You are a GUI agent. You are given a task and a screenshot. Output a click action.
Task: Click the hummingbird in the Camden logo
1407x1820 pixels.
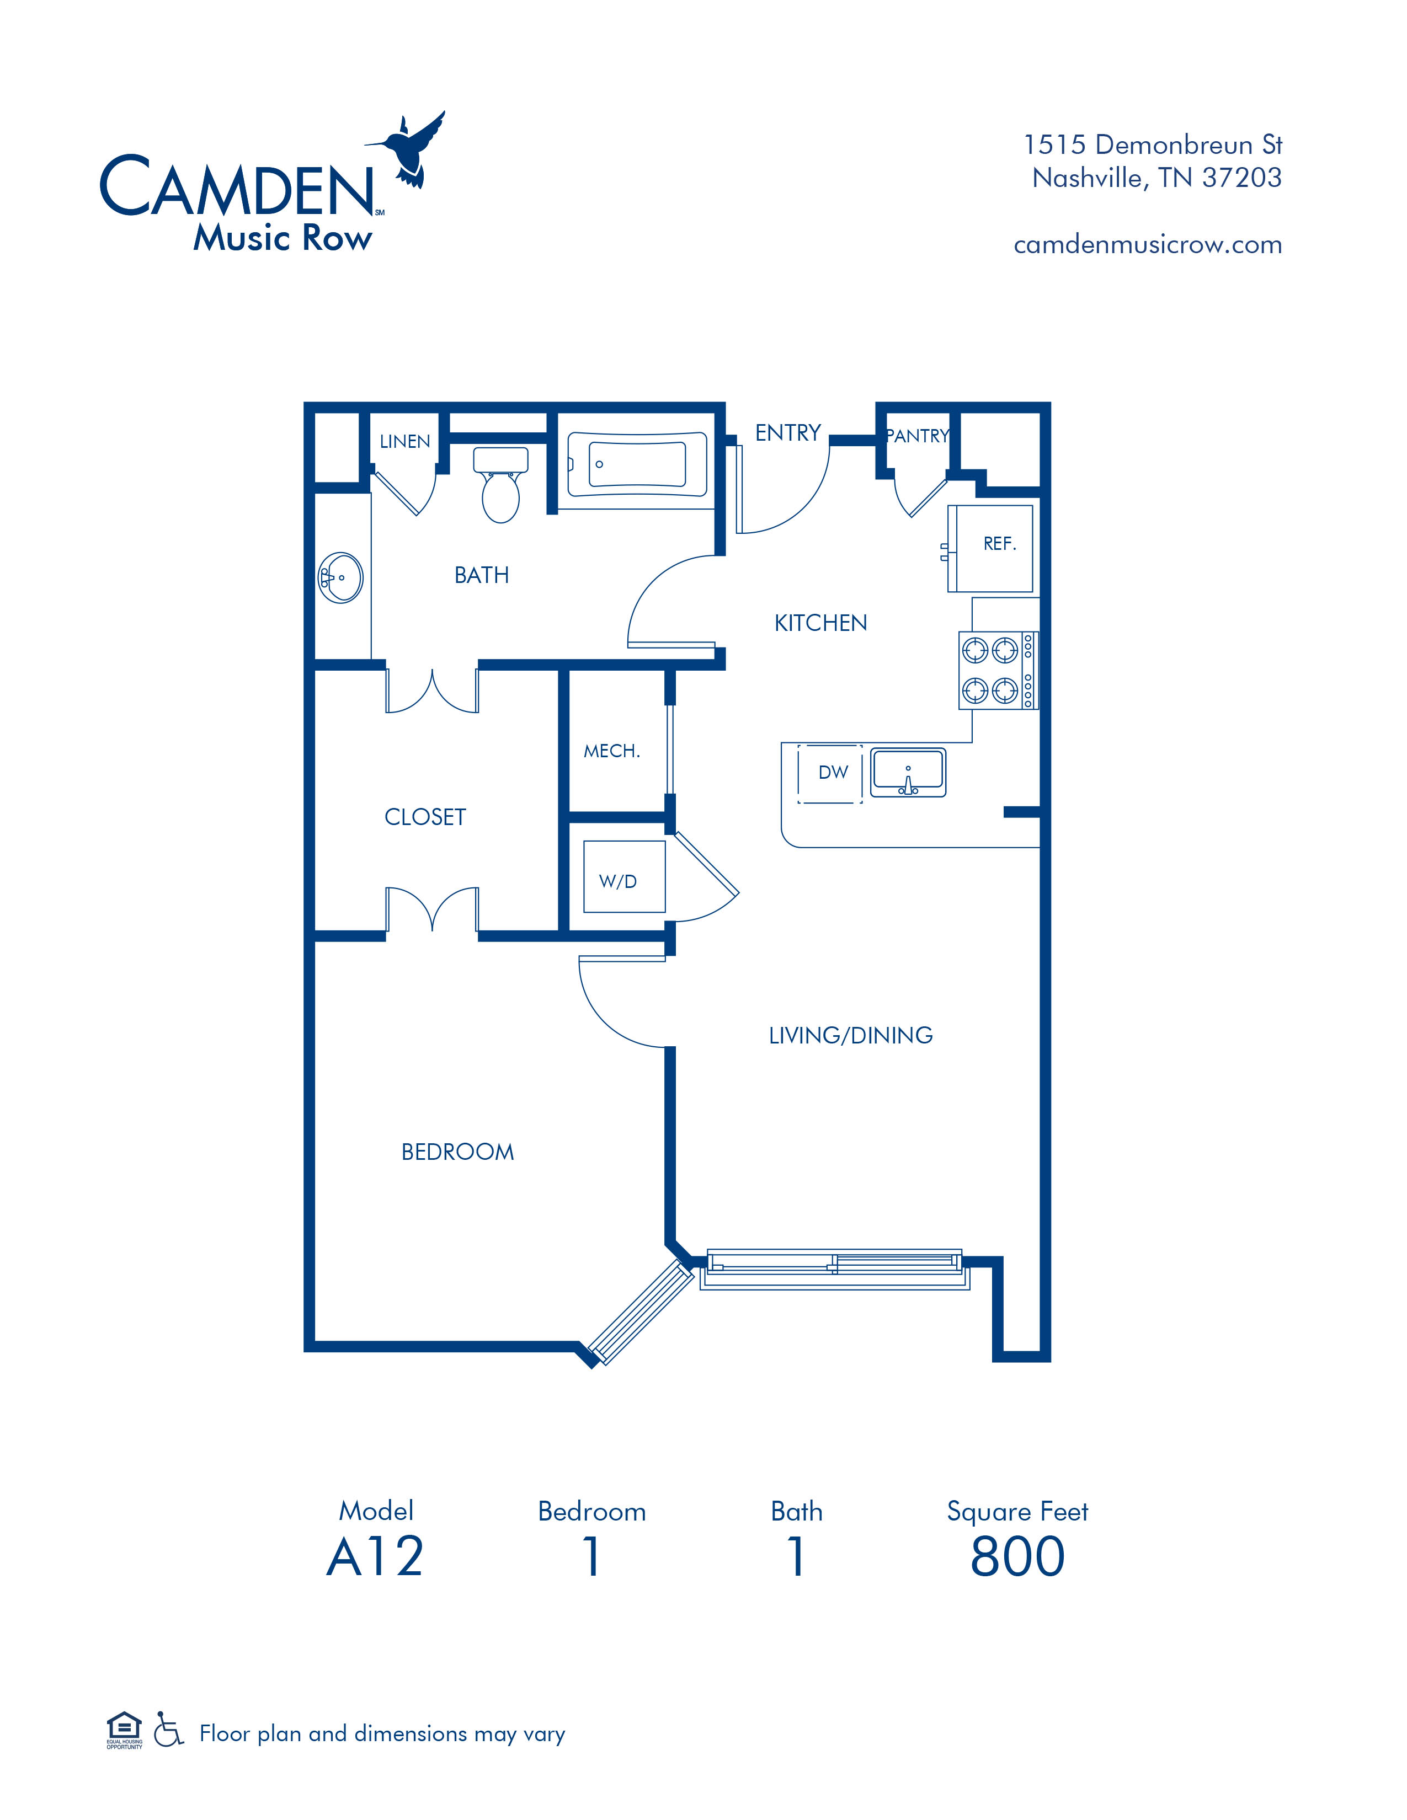click(408, 150)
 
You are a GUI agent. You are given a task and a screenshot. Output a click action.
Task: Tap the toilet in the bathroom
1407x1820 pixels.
click(500, 485)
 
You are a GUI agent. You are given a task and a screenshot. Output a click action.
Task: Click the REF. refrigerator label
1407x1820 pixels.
click(999, 544)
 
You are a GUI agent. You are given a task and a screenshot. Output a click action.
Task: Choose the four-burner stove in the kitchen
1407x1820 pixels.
click(998, 670)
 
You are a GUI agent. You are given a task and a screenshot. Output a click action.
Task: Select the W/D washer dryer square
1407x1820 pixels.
click(624, 877)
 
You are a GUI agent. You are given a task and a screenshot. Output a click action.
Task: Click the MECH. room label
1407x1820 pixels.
click(612, 751)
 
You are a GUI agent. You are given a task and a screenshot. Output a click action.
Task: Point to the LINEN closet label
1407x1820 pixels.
click(405, 442)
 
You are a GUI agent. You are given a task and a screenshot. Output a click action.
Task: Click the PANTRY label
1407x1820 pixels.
click(918, 436)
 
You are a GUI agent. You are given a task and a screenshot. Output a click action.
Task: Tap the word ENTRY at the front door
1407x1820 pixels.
click(788, 432)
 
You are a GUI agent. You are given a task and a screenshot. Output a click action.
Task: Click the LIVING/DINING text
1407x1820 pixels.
click(850, 1035)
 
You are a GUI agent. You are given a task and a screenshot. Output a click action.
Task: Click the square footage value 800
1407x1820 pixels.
click(1018, 1557)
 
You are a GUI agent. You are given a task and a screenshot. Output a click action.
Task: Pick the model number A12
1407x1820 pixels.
click(375, 1557)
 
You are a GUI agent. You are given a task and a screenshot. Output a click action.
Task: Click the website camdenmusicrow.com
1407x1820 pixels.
click(1148, 245)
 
